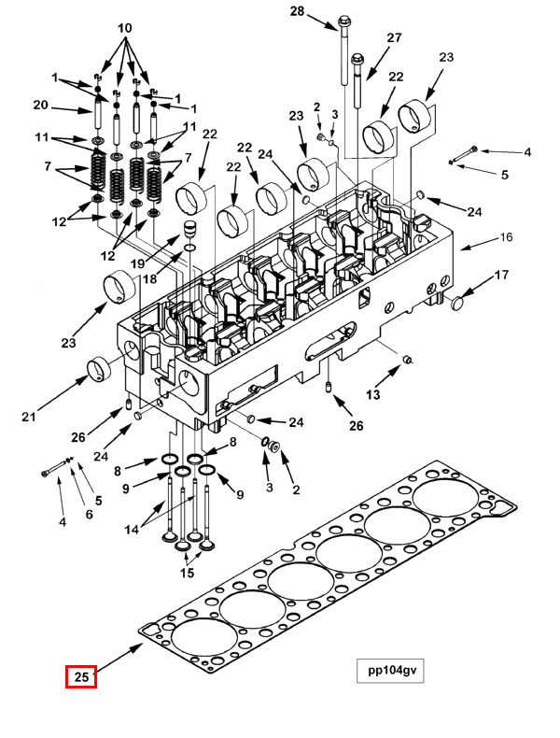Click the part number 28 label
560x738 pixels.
coord(297,11)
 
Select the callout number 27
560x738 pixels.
coord(393,38)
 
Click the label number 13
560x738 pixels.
coord(372,395)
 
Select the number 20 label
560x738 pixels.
coord(40,105)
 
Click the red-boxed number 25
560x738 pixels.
coord(81,675)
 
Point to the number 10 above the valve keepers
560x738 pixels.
coord(123,29)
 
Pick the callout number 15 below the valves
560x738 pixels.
coord(187,573)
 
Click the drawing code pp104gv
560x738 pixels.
coord(390,671)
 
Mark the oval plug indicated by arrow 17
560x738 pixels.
coord(457,302)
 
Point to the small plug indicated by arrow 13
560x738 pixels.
coord(407,359)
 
